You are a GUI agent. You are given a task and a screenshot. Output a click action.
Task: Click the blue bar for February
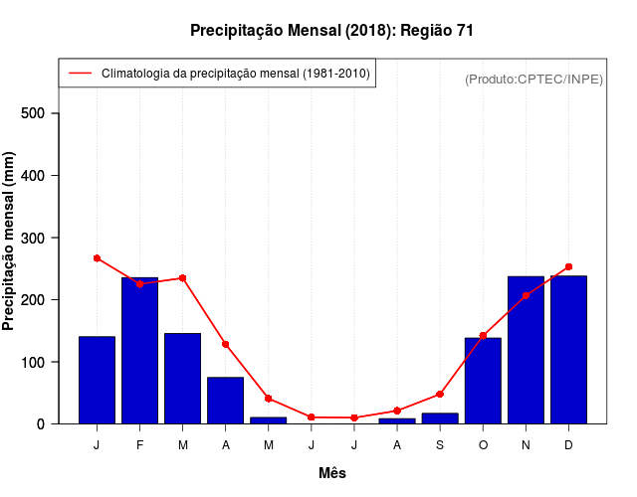[139, 350]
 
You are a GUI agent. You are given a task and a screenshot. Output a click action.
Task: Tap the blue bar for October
[483, 381]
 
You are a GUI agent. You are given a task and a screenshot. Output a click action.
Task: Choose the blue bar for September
[440, 418]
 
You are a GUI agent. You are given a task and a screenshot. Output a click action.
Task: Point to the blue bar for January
[97, 380]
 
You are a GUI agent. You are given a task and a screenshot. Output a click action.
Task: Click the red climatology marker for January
[97, 258]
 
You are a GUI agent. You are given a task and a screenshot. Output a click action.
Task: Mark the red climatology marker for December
[568, 266]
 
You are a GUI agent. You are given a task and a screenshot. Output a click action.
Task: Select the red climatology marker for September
[440, 395]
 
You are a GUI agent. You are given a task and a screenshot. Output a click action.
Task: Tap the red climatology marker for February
[139, 283]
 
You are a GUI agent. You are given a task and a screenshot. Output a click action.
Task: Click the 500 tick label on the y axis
[34, 113]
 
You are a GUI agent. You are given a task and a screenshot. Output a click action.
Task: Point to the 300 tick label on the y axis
[34, 238]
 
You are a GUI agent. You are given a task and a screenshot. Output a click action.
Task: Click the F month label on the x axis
[139, 445]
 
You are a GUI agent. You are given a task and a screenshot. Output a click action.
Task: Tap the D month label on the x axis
[568, 445]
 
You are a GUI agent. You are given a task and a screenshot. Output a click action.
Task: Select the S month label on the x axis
[440, 445]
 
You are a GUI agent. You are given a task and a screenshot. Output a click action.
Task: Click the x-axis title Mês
[332, 473]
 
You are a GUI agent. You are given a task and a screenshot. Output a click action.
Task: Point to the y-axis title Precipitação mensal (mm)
[10, 241]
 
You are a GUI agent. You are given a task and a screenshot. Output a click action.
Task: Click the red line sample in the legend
[80, 74]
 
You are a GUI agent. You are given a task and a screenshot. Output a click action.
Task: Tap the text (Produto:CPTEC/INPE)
[533, 79]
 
